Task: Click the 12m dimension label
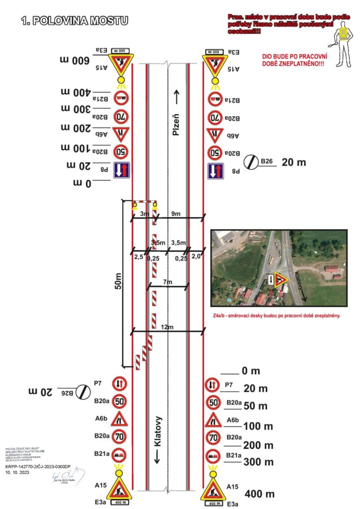click(167, 327)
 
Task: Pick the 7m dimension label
click(168, 282)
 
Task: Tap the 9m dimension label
click(177, 214)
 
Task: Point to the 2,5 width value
click(138, 257)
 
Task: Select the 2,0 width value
click(196, 257)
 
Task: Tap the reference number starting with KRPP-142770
click(38, 467)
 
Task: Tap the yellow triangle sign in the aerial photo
click(281, 280)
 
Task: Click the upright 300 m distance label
click(258, 462)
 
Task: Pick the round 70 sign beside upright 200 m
click(214, 438)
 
